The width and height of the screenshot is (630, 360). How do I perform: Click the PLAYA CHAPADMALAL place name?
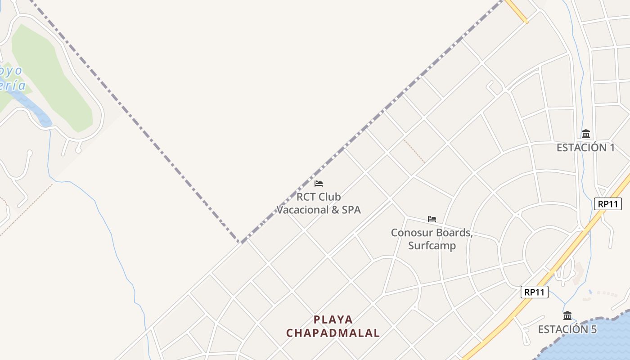click(x=333, y=326)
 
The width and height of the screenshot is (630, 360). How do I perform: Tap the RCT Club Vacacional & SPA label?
click(x=319, y=203)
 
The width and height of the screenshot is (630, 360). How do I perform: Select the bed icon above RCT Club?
click(x=319, y=183)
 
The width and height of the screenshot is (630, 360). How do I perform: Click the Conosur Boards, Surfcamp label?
click(x=432, y=239)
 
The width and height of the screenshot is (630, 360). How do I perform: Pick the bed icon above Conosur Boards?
click(x=432, y=219)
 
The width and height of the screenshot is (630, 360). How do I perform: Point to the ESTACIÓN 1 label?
click(x=585, y=148)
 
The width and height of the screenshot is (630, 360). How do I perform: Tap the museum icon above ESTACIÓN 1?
click(x=585, y=134)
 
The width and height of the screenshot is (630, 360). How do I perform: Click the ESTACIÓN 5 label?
click(x=567, y=329)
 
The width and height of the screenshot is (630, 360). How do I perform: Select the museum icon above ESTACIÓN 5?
click(x=567, y=315)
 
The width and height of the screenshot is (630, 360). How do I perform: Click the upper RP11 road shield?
click(x=607, y=204)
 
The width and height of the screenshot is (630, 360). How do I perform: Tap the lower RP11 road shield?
click(x=535, y=292)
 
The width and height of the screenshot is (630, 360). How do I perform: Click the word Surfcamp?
click(x=432, y=246)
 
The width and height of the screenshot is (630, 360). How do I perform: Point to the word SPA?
click(x=351, y=210)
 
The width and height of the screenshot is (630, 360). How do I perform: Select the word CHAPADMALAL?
click(x=333, y=333)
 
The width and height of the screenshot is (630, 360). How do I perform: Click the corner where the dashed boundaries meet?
click(x=240, y=243)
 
